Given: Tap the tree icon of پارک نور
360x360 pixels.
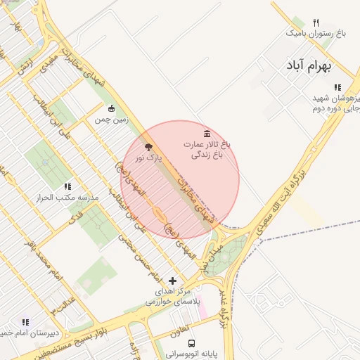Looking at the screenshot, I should coord(148,147).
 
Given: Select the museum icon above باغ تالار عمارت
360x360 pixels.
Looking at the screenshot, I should coord(206,133).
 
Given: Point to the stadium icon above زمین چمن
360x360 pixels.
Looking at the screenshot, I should coord(110,108).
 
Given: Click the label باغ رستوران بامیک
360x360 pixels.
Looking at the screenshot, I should coord(316,33).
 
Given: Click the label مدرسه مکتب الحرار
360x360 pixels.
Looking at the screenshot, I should coord(67,198).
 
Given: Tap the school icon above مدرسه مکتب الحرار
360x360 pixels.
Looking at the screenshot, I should coord(67,186).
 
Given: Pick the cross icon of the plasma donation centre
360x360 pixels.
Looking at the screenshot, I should coord(173,281).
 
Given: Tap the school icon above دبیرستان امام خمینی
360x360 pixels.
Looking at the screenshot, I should coord(26,321).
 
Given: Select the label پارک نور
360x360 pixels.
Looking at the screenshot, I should coord(148,158).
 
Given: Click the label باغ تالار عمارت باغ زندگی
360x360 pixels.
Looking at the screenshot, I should coord(207,148).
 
